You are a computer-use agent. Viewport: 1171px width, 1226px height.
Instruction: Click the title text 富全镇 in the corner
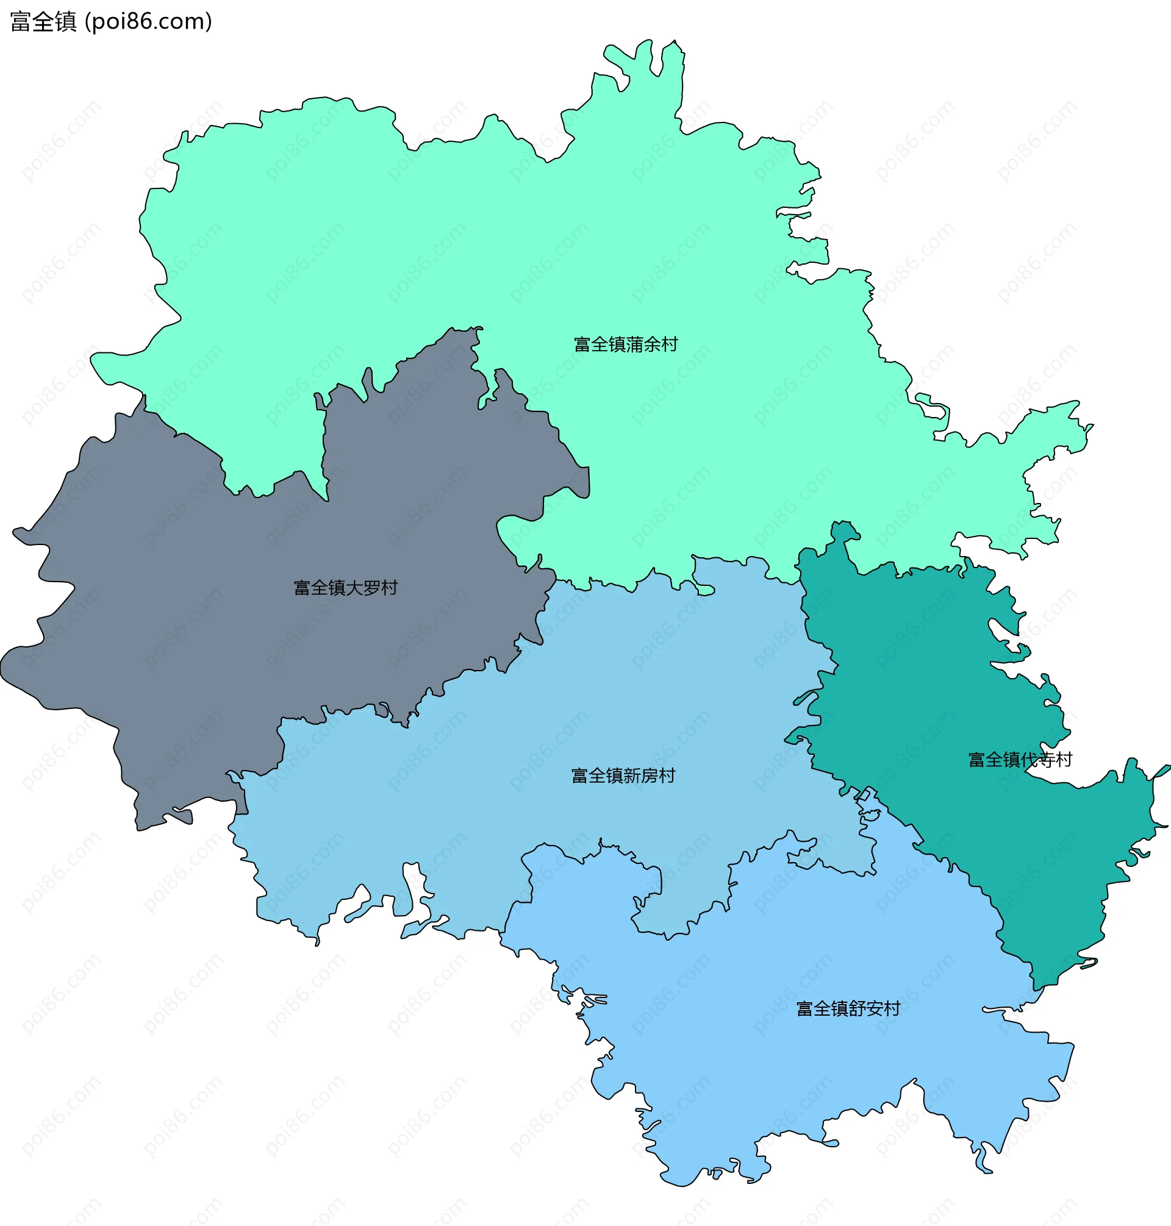pos(43,22)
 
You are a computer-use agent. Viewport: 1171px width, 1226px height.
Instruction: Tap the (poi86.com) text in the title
pos(149,22)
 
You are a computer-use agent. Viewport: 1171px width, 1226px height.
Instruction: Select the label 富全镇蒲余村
pos(626,344)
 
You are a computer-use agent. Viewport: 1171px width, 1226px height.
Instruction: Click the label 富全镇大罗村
pos(345,588)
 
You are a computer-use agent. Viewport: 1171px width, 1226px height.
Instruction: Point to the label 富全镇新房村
pos(623,775)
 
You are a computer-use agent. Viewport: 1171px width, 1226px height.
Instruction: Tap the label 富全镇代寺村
pos(1020,759)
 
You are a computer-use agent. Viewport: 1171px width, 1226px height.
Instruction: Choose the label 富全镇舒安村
pos(848,1009)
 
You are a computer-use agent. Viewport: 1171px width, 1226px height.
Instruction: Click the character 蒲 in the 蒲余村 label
pos(635,344)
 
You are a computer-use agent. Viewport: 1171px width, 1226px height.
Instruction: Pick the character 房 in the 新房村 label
pos(650,775)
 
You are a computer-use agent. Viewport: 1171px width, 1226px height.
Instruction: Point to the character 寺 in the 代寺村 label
pos(1047,759)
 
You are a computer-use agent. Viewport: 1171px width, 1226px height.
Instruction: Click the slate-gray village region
pos(187,624)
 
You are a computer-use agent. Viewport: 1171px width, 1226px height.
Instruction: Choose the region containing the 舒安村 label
pos(780,1061)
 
